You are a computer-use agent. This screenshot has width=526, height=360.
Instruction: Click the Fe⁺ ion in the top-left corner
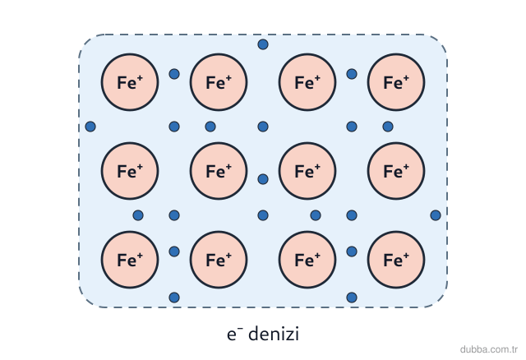[x=130, y=82]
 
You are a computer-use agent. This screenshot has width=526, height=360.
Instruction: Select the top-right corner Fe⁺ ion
[x=396, y=82]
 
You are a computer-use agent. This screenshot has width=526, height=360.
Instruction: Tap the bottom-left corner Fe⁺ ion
[x=130, y=260]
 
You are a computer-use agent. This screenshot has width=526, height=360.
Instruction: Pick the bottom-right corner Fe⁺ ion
[x=396, y=260]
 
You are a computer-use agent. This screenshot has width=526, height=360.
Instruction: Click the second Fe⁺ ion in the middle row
[x=219, y=171]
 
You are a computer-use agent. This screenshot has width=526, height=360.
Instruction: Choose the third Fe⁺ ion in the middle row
[x=307, y=171]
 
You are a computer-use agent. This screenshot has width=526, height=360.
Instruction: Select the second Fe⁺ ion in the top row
[x=219, y=82]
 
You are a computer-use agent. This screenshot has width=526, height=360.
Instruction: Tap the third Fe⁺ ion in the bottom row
[x=307, y=260]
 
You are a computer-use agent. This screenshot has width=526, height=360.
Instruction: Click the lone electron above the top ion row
[x=263, y=44]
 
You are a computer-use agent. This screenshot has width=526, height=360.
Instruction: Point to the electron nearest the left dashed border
[x=90, y=127]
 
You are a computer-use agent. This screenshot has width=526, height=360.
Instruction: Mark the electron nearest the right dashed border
[x=436, y=215]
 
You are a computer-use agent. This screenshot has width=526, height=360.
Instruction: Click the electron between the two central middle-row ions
[x=263, y=179]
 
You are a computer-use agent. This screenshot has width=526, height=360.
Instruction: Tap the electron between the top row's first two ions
[x=174, y=74]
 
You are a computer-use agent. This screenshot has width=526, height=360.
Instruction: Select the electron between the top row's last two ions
[x=352, y=74]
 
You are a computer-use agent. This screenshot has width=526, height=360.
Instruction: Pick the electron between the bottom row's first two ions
[x=174, y=252]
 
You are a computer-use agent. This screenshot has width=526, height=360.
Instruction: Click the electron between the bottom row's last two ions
[x=352, y=252]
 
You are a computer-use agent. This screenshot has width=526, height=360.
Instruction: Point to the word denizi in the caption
[x=274, y=334]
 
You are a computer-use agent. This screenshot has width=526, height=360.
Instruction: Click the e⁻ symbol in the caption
[x=235, y=335]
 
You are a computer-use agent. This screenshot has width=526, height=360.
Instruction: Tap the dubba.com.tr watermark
[x=489, y=349]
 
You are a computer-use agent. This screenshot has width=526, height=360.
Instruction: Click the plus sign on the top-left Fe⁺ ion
[x=140, y=78]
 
